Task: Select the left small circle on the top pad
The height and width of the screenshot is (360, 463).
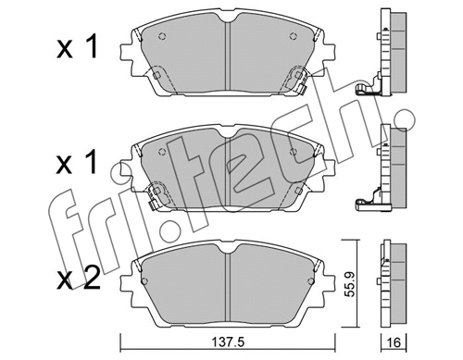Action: pos(163,38)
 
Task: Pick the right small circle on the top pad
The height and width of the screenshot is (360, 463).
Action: pos(294,38)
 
